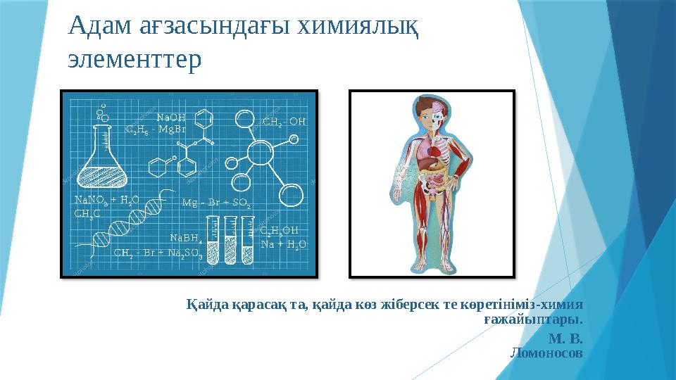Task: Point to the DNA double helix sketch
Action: point(125,220)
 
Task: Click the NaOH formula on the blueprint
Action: point(171,118)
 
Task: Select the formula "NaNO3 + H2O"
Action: point(107,200)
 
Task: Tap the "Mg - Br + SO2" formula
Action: point(216,203)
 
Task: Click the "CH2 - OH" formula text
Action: point(284,122)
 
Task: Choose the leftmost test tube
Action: point(213,240)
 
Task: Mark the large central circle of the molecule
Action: point(260,153)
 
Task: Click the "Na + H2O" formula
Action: point(284,244)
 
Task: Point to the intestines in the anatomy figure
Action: point(434,181)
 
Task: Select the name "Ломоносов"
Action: point(546,353)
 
